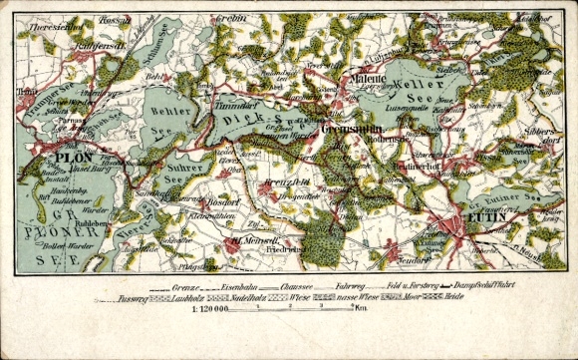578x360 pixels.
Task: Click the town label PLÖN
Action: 73,156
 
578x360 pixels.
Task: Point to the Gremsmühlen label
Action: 346,131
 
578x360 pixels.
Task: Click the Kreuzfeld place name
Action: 286,183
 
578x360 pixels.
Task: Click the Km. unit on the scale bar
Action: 362,310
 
